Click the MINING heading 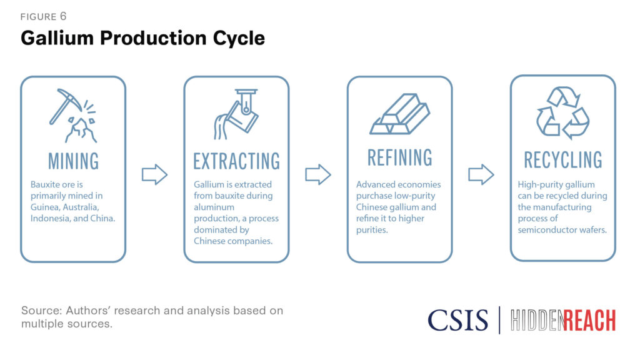pos(74,161)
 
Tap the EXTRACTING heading pos(237,161)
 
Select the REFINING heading pos(399,157)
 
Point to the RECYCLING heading pos(563,159)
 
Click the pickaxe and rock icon pos(74,116)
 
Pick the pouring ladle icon pos(236,114)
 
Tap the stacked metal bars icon pos(399,114)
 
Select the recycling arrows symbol pos(562,112)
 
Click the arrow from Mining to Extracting pos(155,175)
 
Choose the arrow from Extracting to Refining pos(318,175)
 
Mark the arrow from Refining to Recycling pos(481,175)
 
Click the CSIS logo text pos(458,320)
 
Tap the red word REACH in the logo pos(589,321)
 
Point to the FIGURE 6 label pos(43,16)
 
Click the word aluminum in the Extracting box pos(214,207)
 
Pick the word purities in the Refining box pos(372,230)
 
